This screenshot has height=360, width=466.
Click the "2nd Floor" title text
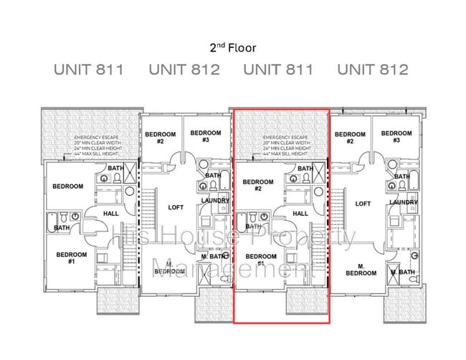pyautogui.click(x=232, y=48)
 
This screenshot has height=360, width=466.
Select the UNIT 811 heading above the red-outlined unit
pyautogui.click(x=278, y=70)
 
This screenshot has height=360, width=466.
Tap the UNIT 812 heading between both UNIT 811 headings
pyautogui.click(x=184, y=70)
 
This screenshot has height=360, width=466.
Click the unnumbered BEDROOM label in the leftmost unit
pyautogui.click(x=67, y=186)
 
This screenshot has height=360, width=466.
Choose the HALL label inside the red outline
pyautogui.click(x=300, y=213)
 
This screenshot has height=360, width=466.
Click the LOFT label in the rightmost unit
pyautogui.click(x=363, y=204)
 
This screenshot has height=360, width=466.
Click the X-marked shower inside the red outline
pyautogui.click(x=320, y=171)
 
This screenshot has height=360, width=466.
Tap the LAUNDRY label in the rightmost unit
pyautogui.click(x=403, y=202)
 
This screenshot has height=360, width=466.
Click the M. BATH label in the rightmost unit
pyautogui.click(x=402, y=272)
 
